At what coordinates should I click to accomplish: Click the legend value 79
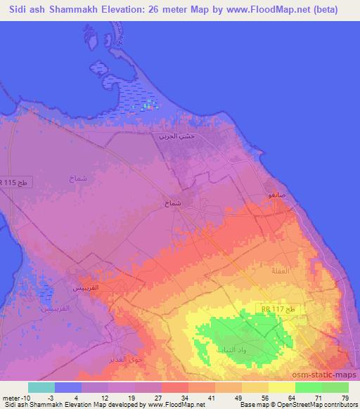[x=345, y=397]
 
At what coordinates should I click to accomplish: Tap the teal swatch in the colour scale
[x=41, y=387]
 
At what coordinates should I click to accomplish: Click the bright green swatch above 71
[x=309, y=387]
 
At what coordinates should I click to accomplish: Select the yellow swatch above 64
[x=282, y=387]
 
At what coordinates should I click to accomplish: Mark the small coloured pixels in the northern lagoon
[x=148, y=106]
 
